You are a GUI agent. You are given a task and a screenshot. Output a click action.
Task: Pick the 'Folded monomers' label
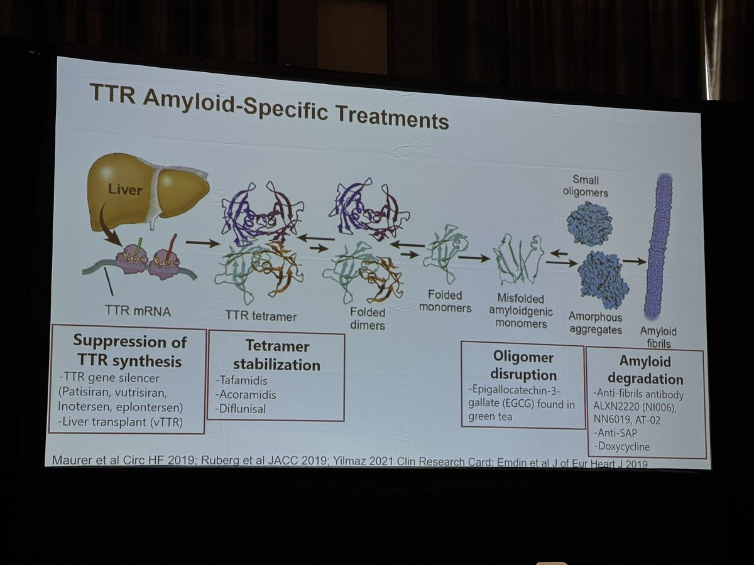tap(449, 301)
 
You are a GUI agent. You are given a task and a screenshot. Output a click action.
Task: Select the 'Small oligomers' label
tap(586, 187)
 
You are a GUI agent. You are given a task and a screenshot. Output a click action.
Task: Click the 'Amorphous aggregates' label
tap(595, 324)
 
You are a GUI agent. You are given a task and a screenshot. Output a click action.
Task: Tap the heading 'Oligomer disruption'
tap(523, 366)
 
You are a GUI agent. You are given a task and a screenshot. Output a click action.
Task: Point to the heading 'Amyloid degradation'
tap(645, 370)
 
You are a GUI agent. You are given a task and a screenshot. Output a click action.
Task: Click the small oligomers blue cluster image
tap(589, 223)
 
